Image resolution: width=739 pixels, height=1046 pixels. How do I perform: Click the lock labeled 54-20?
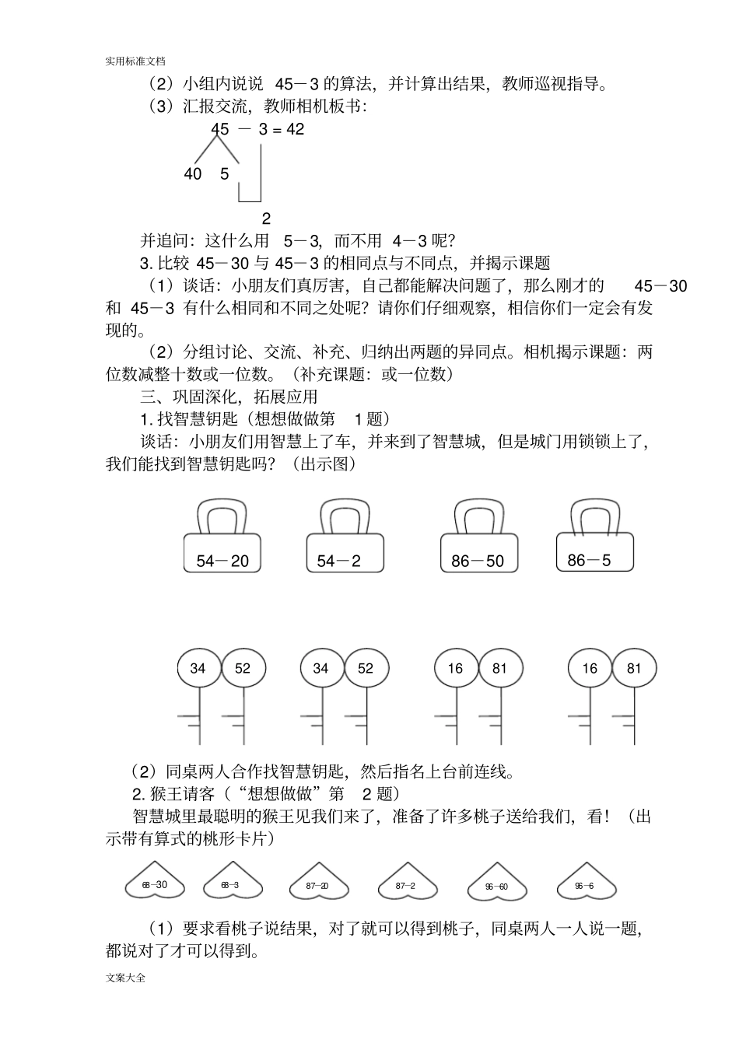click(222, 554)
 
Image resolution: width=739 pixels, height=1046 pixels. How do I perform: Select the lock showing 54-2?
click(345, 554)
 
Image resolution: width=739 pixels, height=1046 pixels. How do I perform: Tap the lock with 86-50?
click(478, 554)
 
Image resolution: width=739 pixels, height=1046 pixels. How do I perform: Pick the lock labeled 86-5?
click(594, 552)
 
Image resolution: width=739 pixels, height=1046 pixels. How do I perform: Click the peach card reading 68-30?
click(155, 885)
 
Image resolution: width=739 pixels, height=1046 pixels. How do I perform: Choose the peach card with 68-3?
click(231, 885)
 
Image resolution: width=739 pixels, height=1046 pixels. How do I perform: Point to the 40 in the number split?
click(192, 174)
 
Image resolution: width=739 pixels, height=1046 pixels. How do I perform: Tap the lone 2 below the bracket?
click(266, 219)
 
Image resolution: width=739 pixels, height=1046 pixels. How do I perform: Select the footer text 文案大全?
click(125, 978)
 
